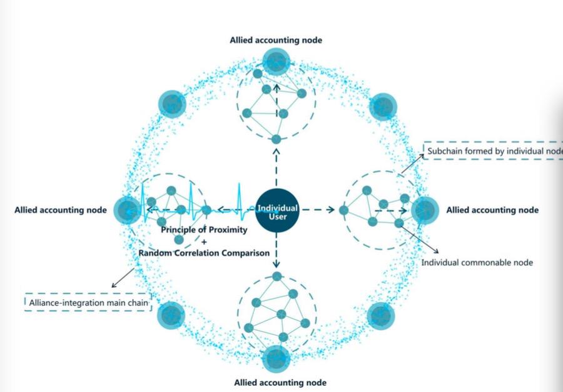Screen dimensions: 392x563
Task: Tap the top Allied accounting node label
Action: point(276,40)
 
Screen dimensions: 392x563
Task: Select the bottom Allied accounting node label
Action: point(280,381)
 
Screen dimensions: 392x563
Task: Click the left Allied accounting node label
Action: point(60,210)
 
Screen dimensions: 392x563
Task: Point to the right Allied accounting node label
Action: point(492,210)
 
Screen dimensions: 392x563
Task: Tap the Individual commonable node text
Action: point(477,263)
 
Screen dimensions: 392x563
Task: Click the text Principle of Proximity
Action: point(204,229)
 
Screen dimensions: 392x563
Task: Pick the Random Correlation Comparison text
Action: point(204,253)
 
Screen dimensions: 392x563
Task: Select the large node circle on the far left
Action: point(128,209)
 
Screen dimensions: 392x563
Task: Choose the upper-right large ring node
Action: point(382,107)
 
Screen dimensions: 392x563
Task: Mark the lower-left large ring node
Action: point(171,316)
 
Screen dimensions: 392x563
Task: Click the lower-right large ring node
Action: point(381,316)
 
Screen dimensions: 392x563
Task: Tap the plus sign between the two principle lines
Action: point(204,241)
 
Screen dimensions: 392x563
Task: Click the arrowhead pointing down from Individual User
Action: point(276,265)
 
